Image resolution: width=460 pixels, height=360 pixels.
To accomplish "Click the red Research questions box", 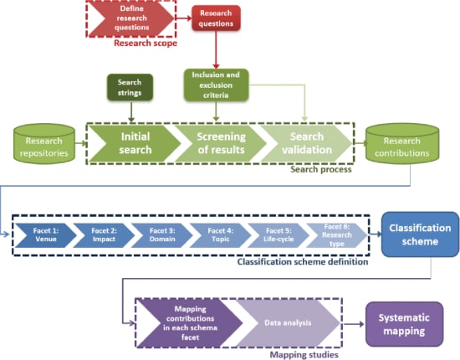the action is (217, 18).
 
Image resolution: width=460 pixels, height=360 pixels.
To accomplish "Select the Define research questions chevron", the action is (131, 18).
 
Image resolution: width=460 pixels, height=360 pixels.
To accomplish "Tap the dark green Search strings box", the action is (130, 87).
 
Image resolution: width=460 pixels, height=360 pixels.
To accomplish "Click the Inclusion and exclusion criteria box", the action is (217, 85).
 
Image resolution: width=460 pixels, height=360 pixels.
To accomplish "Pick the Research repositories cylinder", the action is (44, 143).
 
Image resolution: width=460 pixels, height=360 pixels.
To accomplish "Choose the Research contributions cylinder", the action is (402, 143).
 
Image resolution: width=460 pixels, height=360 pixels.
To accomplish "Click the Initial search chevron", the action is (135, 143).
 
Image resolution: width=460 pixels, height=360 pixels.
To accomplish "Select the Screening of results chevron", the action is (221, 143).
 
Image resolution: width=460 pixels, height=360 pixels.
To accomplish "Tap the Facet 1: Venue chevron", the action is (46, 235).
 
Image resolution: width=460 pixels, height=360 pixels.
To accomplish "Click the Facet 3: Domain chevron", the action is (162, 235).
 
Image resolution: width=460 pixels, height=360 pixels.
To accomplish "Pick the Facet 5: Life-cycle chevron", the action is (279, 235).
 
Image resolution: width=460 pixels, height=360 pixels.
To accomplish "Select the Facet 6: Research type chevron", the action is (337, 235).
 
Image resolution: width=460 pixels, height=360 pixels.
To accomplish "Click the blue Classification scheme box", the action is (420, 234).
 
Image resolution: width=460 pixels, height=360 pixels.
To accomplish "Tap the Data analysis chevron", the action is (288, 322).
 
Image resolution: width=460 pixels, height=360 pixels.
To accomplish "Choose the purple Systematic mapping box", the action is (404, 324).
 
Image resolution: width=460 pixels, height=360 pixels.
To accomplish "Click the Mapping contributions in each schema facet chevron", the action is (190, 322).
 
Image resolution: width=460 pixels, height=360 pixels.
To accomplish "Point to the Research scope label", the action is (146, 44).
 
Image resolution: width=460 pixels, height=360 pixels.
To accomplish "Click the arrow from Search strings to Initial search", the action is (131, 111).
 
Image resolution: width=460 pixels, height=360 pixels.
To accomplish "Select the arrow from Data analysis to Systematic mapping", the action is (354, 324).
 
